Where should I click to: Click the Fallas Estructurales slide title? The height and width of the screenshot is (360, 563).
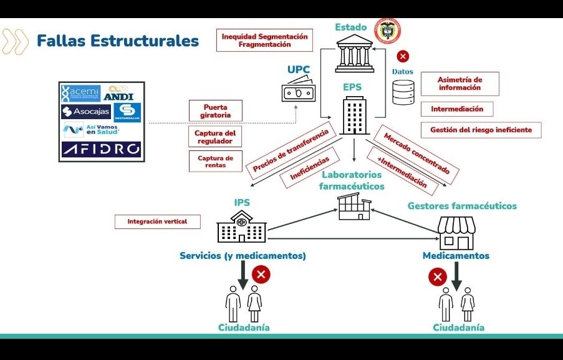[x=117, y=41]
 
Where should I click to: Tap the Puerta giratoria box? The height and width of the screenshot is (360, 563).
[x=216, y=111]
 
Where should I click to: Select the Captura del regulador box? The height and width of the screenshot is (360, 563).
[x=215, y=137]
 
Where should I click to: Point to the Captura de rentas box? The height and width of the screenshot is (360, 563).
[x=215, y=162]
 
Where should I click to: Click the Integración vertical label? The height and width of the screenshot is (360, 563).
[x=157, y=221]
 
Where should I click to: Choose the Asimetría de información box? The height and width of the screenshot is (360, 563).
[x=460, y=84]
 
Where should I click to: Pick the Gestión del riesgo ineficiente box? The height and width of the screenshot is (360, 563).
[x=481, y=130]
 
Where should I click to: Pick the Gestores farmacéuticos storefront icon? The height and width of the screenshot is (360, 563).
[x=456, y=233]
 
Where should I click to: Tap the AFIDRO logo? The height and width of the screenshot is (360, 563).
[x=101, y=150]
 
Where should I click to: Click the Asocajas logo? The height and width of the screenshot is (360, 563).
[x=85, y=112]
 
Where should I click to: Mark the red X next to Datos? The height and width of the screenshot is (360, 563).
[x=403, y=56]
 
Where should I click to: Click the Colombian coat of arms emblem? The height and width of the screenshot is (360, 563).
[x=387, y=31]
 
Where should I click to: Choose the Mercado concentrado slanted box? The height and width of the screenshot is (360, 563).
[x=416, y=153]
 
